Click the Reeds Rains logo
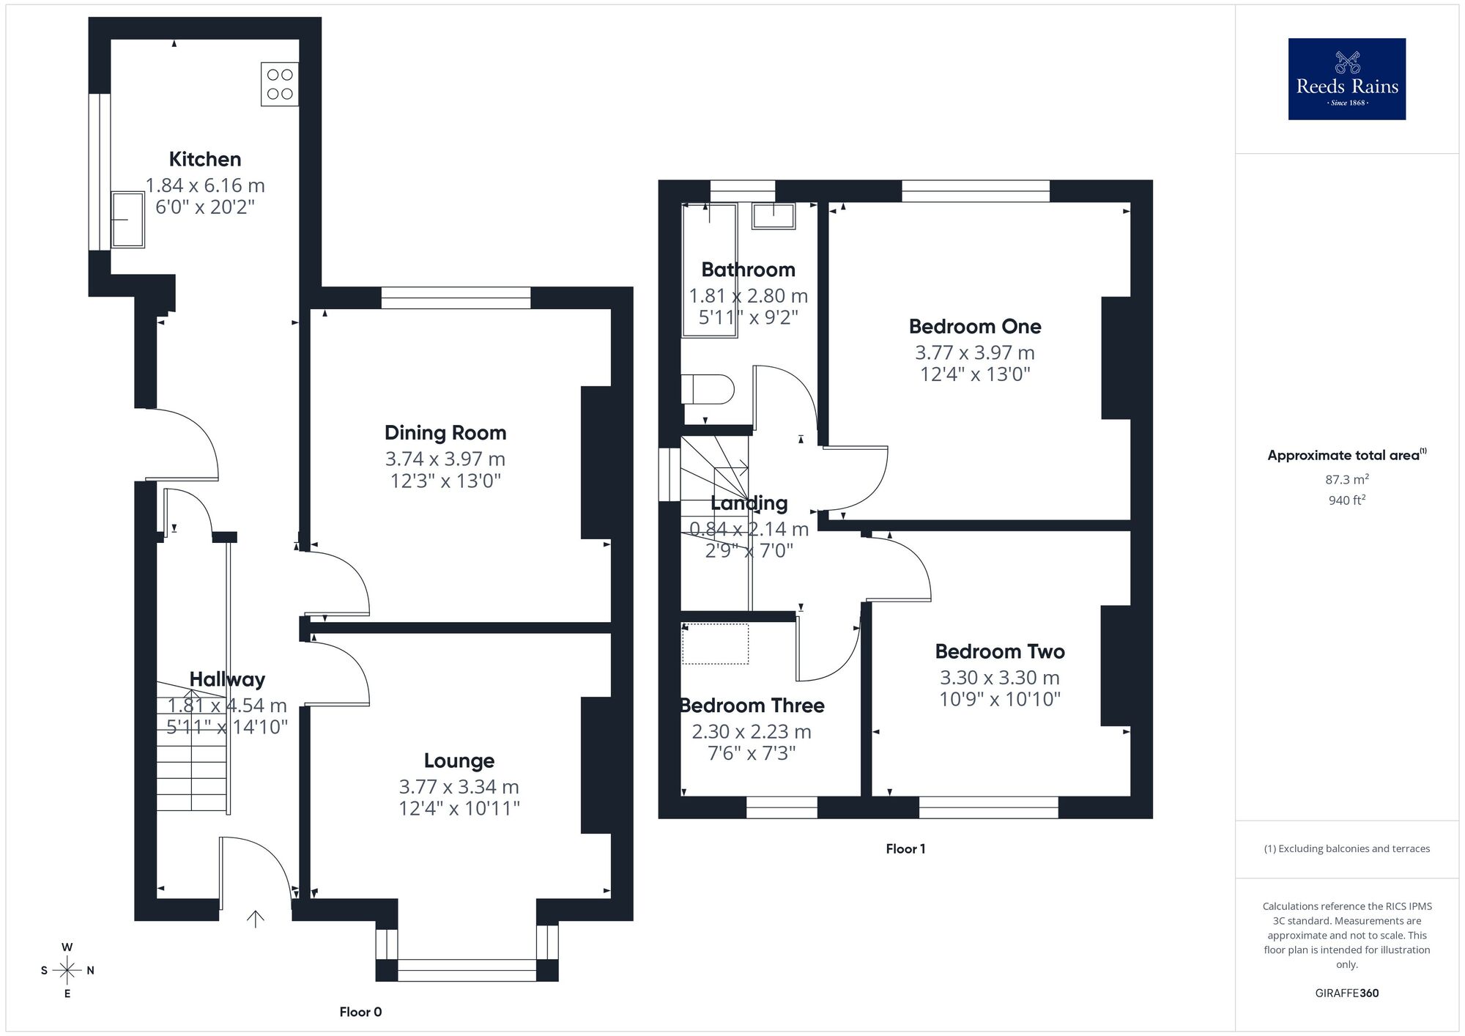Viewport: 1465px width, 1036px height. [1346, 79]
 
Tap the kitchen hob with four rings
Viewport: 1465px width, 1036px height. [280, 84]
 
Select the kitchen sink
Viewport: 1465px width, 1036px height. [127, 219]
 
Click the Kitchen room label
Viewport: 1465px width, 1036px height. [205, 159]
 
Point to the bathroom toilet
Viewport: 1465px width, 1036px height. [707, 389]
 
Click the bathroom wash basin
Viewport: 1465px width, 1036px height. [774, 216]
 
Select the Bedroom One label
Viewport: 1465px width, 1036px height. [975, 326]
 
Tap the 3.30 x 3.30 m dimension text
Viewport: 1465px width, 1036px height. [1000, 678]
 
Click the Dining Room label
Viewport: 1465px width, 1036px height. [445, 432]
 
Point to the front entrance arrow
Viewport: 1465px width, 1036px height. [255, 919]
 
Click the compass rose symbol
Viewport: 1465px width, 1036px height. [67, 971]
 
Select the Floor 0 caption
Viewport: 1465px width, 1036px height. [360, 1012]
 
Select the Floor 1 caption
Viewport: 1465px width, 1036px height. [905, 848]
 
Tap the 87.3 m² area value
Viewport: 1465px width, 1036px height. [1346, 480]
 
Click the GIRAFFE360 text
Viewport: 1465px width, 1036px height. [1346, 993]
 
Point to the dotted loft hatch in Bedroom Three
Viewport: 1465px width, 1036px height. [716, 643]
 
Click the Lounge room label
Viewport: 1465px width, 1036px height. [459, 761]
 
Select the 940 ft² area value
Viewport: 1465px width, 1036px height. [1346, 500]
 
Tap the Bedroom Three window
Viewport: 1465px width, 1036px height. [782, 807]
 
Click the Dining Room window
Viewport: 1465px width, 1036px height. [456, 297]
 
